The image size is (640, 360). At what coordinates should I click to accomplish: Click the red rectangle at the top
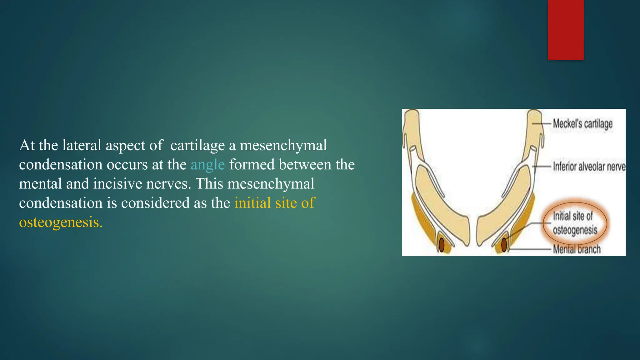[x=566, y=30]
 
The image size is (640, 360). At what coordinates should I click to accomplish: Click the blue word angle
[x=207, y=165]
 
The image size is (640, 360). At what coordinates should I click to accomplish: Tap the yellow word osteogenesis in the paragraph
[x=61, y=222]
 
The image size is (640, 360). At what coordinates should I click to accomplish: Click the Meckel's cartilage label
[x=582, y=124]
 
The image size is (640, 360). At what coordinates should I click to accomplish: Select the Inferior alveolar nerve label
[x=589, y=167]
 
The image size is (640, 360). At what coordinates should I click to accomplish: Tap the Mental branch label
[x=577, y=249]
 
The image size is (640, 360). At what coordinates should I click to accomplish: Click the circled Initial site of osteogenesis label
[x=575, y=223]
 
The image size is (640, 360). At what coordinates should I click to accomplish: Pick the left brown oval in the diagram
[x=442, y=245]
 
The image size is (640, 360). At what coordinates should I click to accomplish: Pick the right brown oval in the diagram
[x=504, y=245]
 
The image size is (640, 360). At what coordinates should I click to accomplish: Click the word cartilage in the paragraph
[x=197, y=146]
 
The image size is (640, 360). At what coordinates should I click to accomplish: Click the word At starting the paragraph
[x=27, y=146]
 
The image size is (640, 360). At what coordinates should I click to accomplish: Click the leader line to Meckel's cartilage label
[x=541, y=124]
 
